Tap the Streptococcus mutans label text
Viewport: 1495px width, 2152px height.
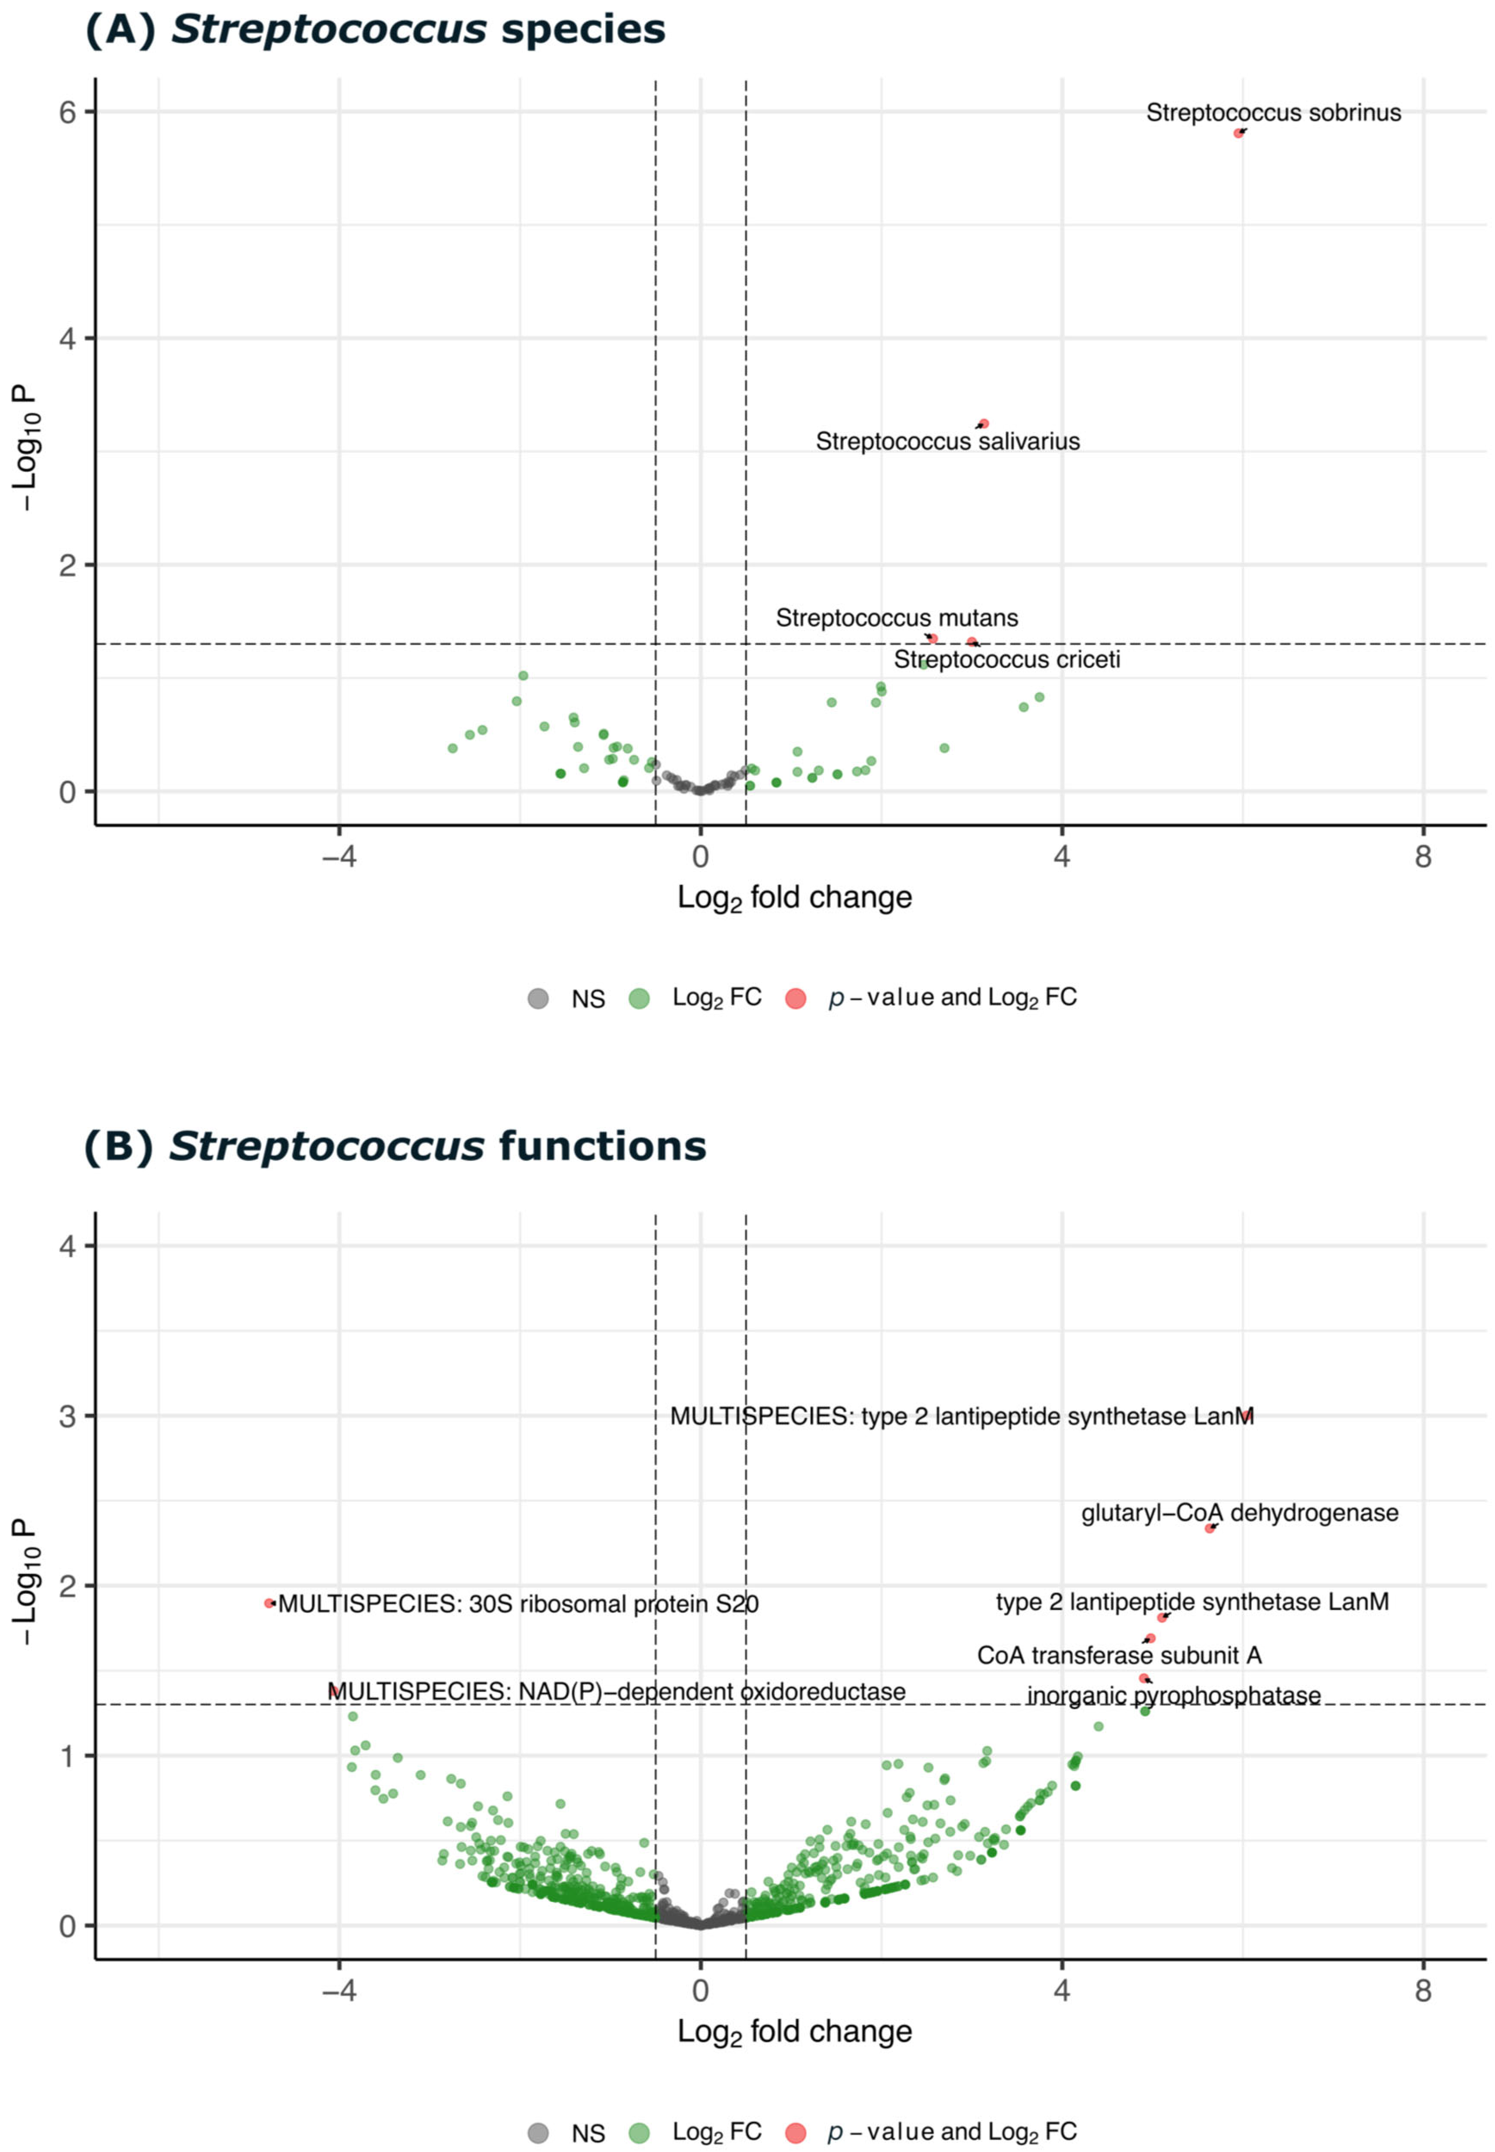click(x=896, y=618)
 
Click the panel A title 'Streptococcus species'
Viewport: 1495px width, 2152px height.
click(x=375, y=30)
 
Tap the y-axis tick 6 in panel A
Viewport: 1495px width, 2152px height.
click(x=68, y=112)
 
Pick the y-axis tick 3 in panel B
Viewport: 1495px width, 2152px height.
click(x=68, y=1416)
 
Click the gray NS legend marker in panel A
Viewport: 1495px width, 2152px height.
click(x=538, y=998)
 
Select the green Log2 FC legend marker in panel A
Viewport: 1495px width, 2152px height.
click(x=639, y=998)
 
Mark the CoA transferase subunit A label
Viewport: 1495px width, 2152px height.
click(x=1119, y=1656)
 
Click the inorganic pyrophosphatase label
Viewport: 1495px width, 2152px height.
click(x=1174, y=1696)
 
